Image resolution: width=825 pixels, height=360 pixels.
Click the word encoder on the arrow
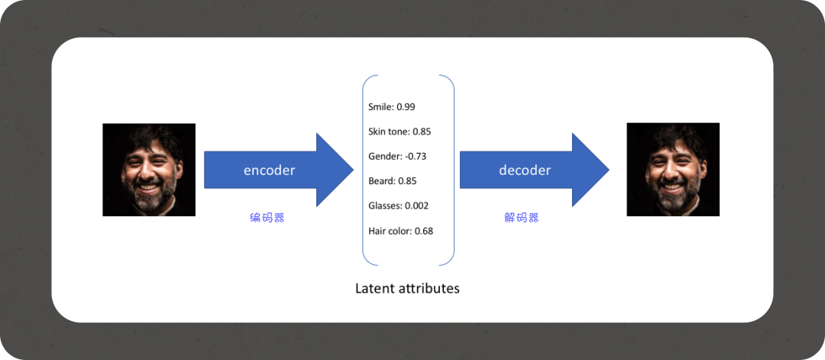pyautogui.click(x=269, y=170)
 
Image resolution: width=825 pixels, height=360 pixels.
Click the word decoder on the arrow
pyautogui.click(x=525, y=170)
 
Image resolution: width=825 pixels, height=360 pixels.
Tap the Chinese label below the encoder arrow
pyautogui.click(x=267, y=218)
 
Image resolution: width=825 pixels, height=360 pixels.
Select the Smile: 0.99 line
pyautogui.click(x=391, y=107)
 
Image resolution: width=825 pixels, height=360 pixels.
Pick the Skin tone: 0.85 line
pyautogui.click(x=400, y=131)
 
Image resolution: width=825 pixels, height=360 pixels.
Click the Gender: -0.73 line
pyautogui.click(x=396, y=157)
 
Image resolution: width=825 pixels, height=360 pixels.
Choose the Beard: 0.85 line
pyautogui.click(x=392, y=181)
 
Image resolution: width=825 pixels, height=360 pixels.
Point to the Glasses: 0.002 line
pyautogui.click(x=398, y=206)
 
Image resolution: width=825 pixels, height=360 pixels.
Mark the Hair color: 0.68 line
pyautogui.click(x=400, y=231)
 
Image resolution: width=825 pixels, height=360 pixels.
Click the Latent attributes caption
pyautogui.click(x=407, y=288)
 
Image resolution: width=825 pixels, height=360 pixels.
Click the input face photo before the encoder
pyautogui.click(x=149, y=170)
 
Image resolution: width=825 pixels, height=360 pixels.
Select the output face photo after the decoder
pyautogui.click(x=673, y=170)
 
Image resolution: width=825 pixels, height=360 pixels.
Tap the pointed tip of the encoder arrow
pyautogui.click(x=353, y=170)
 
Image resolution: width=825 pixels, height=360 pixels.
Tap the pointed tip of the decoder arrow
pyautogui.click(x=609, y=170)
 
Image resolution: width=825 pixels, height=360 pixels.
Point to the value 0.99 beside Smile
pyautogui.click(x=406, y=107)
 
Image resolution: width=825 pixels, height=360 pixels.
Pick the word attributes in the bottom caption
pyautogui.click(x=429, y=288)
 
